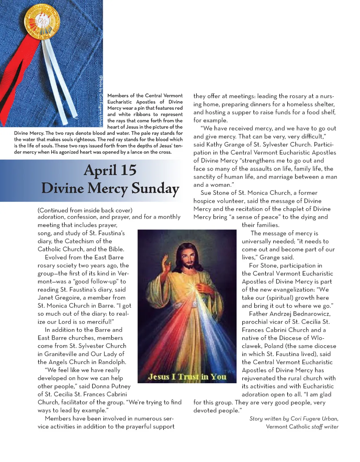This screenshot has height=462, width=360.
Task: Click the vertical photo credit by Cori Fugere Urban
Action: (x=101, y=101)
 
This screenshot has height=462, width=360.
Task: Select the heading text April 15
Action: (x=110, y=171)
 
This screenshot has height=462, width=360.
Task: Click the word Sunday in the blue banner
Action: (x=155, y=188)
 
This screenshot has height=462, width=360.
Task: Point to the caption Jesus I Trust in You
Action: (x=187, y=377)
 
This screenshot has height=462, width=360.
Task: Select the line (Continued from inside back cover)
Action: (x=85, y=210)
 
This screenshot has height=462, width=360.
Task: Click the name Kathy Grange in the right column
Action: (x=225, y=145)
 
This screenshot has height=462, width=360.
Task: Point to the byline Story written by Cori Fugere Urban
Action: (x=294, y=418)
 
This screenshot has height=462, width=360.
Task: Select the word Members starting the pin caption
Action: (x=118, y=96)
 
